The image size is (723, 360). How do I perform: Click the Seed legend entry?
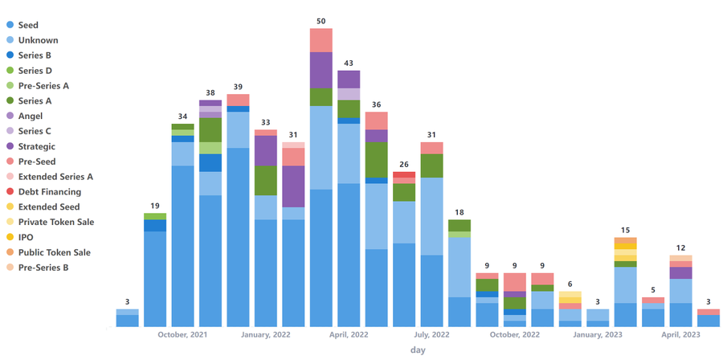point(28,25)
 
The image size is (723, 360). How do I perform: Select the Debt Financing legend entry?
point(49,191)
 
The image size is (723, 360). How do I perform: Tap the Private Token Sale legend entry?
point(55,222)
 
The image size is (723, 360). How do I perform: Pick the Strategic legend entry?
point(36,146)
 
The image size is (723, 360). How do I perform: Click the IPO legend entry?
point(26,237)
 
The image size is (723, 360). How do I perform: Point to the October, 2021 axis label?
point(182,334)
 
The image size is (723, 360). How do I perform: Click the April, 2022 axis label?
point(349,334)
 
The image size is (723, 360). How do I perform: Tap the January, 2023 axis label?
point(598,334)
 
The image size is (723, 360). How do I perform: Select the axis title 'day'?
point(418,350)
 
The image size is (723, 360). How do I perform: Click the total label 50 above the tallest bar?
point(321,20)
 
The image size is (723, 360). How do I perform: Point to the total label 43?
point(349,63)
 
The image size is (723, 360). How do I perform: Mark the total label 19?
point(155,206)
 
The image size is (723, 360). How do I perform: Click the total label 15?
point(625,231)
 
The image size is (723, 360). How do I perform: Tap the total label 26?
point(404,165)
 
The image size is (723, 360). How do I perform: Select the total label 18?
point(460,212)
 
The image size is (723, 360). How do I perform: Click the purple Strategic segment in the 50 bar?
point(321,70)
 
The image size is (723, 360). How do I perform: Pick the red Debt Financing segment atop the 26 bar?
point(404,174)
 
